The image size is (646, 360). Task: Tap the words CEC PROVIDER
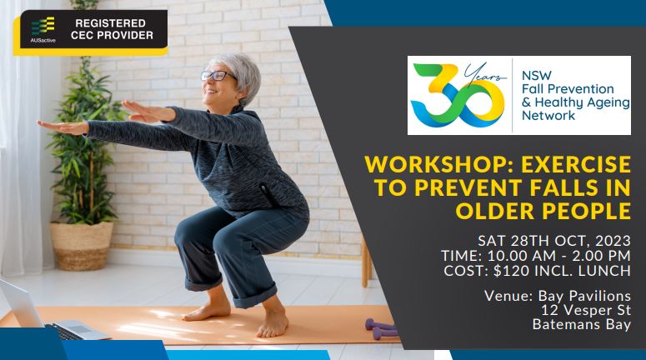[x=112, y=36]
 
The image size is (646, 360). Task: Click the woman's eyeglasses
[x=217, y=76]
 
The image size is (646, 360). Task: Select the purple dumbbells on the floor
[x=382, y=328]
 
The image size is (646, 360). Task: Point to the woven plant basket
[x=82, y=246]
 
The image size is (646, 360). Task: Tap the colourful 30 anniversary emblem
[x=458, y=95]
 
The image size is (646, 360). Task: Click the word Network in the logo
[x=548, y=115]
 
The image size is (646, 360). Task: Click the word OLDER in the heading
[x=496, y=211]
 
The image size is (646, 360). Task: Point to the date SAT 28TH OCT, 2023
[x=554, y=241]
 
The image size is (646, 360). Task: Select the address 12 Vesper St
[x=586, y=310]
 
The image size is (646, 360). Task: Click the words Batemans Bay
[x=581, y=324]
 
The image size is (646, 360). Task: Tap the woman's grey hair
[x=240, y=74]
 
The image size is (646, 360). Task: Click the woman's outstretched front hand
[x=62, y=127]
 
